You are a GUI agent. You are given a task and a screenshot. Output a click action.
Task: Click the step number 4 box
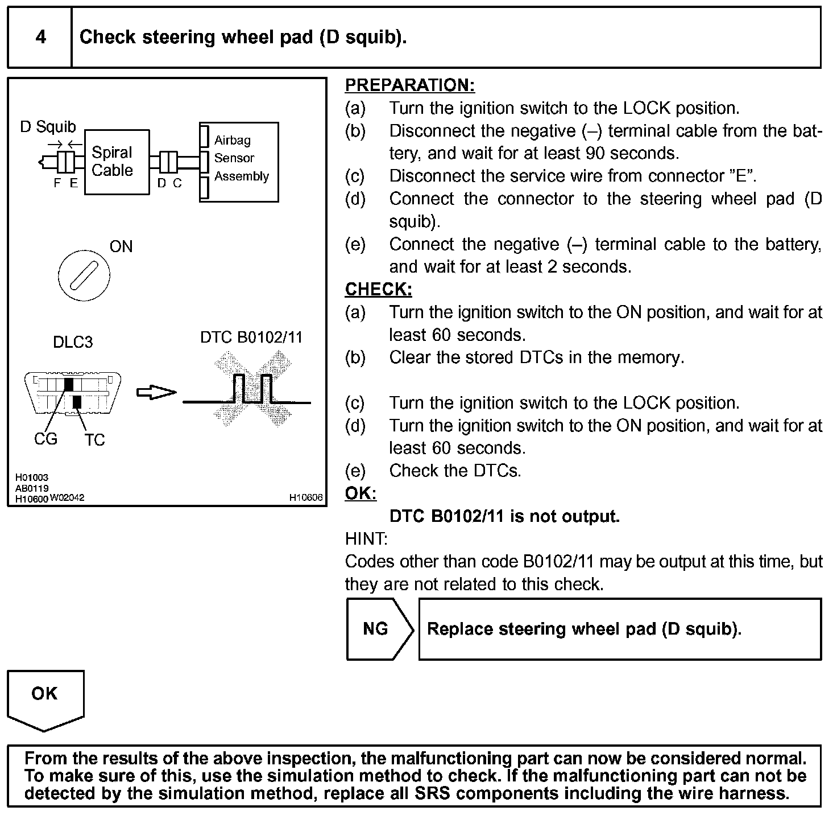(x=40, y=38)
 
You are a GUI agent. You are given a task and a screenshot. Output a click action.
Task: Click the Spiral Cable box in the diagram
(x=117, y=162)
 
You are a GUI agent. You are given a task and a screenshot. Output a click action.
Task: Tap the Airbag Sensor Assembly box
(x=239, y=162)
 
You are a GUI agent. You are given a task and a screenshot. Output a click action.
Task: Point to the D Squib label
(x=48, y=126)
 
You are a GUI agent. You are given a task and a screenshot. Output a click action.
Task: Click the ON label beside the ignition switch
(x=121, y=246)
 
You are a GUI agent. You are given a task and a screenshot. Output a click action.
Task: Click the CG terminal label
(x=45, y=439)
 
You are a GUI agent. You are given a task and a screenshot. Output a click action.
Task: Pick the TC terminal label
(x=95, y=441)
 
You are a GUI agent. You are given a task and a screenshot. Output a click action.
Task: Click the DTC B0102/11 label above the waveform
(x=251, y=337)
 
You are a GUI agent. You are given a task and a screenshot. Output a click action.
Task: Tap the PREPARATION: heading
(x=409, y=85)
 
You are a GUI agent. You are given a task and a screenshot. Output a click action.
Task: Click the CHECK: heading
(x=378, y=290)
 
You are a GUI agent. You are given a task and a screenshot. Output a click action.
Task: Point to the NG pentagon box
(x=378, y=629)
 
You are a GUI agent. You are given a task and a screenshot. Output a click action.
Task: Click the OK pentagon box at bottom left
(x=45, y=697)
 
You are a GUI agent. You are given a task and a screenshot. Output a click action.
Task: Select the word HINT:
(x=366, y=538)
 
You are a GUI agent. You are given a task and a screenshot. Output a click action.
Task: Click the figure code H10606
(x=305, y=497)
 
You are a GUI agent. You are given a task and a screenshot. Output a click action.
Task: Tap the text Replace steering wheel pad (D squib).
(x=584, y=629)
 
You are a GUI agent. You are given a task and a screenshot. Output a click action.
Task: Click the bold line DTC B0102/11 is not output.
(x=504, y=516)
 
